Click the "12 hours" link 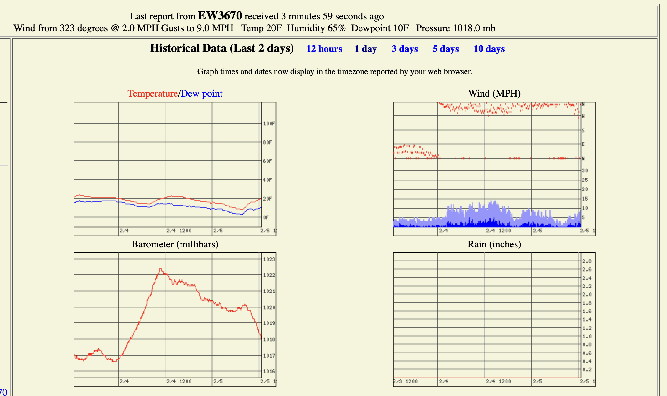(x=324, y=49)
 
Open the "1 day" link (x=365, y=49)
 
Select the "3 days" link (x=405, y=49)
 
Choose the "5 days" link (x=446, y=49)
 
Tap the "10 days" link (x=489, y=49)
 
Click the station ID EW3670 (x=220, y=15)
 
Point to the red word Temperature (x=152, y=94)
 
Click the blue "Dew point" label (x=201, y=94)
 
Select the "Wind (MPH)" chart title (x=494, y=94)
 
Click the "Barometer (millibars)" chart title (x=175, y=244)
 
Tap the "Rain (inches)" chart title (x=494, y=244)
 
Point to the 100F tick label (x=269, y=124)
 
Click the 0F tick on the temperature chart (x=266, y=217)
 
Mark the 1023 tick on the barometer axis (x=269, y=259)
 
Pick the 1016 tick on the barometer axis (x=269, y=372)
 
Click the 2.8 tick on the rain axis (x=587, y=261)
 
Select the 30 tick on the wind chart (x=585, y=171)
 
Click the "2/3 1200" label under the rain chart (x=405, y=382)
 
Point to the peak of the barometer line (x=160, y=269)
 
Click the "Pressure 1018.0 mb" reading (x=456, y=28)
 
